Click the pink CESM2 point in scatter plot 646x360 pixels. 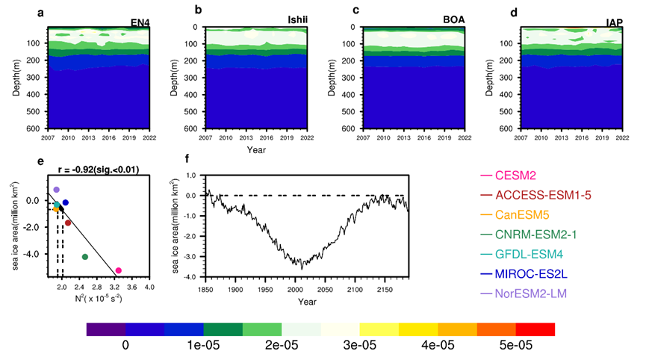[x=118, y=270]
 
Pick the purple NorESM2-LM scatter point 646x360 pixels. [x=56, y=190]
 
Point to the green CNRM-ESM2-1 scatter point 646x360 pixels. [x=85, y=257]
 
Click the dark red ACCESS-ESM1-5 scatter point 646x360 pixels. [x=68, y=223]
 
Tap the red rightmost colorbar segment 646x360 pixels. [x=535, y=329]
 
